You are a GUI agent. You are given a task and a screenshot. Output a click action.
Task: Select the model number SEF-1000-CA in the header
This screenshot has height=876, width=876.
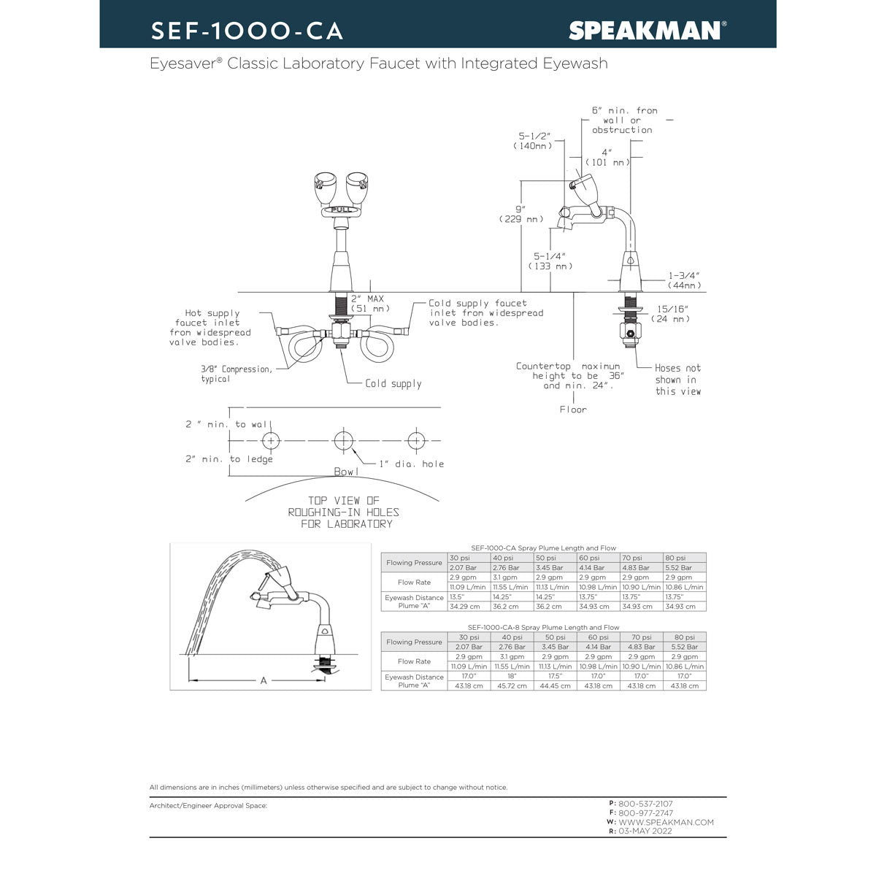pyautogui.click(x=247, y=30)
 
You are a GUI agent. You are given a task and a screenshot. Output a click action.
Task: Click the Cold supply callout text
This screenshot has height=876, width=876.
pyautogui.click(x=393, y=383)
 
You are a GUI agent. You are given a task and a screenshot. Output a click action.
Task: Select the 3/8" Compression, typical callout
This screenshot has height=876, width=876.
pyautogui.click(x=237, y=374)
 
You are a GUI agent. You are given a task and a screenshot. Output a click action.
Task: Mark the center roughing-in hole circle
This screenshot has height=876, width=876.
pyautogui.click(x=343, y=440)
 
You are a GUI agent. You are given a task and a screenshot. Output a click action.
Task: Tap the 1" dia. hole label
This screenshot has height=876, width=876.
pyautogui.click(x=411, y=464)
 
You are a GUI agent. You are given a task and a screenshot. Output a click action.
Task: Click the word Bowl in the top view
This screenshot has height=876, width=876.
pyautogui.click(x=346, y=472)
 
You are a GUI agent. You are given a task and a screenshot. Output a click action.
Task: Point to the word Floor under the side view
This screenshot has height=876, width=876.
pyautogui.click(x=573, y=410)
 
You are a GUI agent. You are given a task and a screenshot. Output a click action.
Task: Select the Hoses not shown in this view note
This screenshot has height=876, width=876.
pyautogui.click(x=677, y=380)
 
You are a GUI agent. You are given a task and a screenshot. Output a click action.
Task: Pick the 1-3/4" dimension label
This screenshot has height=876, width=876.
pyautogui.click(x=684, y=280)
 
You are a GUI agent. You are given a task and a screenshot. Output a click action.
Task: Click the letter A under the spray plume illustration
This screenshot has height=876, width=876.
pyautogui.click(x=264, y=680)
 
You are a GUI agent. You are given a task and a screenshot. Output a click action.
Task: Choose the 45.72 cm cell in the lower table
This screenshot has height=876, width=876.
pyautogui.click(x=512, y=685)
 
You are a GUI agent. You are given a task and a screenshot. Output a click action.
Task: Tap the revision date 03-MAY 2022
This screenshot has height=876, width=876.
pyautogui.click(x=645, y=831)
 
